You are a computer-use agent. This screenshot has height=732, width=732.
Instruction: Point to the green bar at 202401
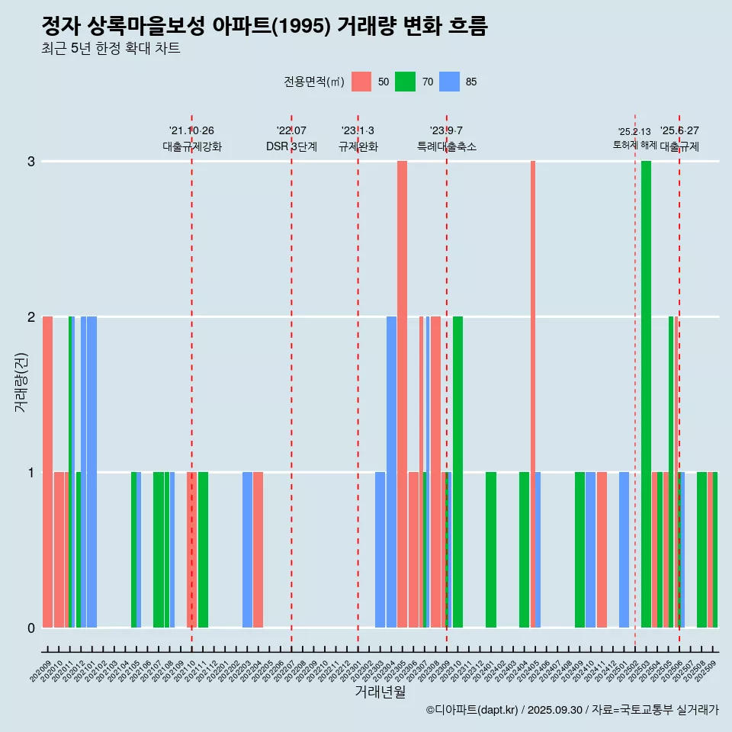(x=491, y=549)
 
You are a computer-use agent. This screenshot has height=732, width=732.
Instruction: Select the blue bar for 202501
(x=624, y=549)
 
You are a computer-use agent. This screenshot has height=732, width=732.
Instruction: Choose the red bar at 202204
(x=258, y=549)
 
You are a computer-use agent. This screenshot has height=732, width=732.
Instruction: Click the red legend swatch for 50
(x=361, y=82)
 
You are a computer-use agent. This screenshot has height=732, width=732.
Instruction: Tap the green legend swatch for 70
(x=405, y=82)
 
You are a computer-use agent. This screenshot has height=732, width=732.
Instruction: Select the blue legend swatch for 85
(x=450, y=82)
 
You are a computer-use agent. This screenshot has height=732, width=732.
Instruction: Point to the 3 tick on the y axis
(x=31, y=162)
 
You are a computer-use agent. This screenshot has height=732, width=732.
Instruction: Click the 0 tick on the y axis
(x=31, y=628)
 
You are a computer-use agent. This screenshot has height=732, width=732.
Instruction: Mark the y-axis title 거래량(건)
(x=21, y=381)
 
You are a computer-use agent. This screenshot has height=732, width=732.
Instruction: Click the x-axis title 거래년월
(x=380, y=692)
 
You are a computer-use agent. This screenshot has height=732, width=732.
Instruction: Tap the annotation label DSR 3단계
(x=291, y=146)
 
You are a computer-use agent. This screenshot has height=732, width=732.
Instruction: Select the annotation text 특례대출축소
(x=447, y=146)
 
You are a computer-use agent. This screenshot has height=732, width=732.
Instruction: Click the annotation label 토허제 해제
(x=634, y=145)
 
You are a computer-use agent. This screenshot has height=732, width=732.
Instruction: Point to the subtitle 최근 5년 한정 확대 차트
(x=111, y=49)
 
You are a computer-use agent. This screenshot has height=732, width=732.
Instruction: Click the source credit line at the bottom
(x=572, y=710)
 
